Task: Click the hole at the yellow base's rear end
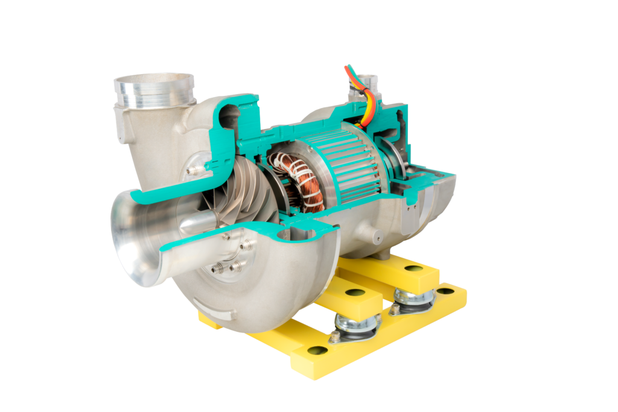click(x=445, y=291)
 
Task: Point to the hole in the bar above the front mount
click(x=355, y=293)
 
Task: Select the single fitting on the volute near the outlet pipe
click(x=193, y=171)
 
